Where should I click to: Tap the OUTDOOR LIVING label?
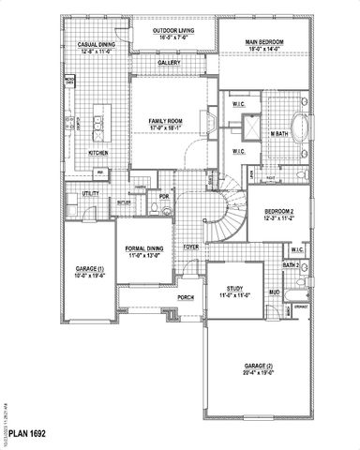(x=172, y=34)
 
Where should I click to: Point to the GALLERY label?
(x=169, y=64)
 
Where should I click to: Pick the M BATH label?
(x=277, y=135)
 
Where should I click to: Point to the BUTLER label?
(x=124, y=202)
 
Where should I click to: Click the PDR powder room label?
(x=163, y=196)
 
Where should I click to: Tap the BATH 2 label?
(x=291, y=265)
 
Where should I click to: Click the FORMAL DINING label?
(x=142, y=251)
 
